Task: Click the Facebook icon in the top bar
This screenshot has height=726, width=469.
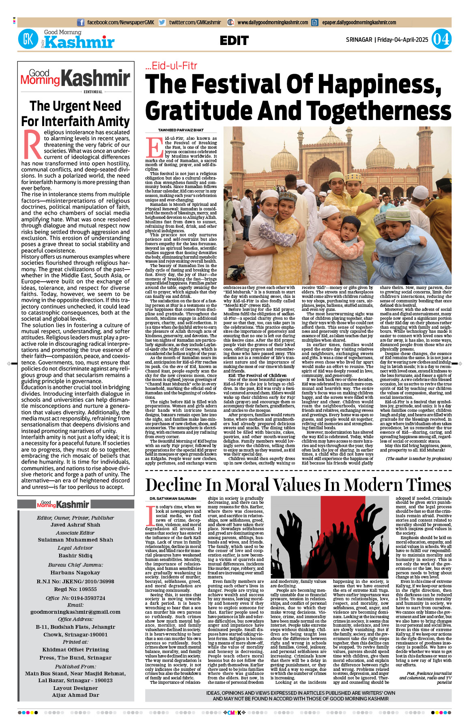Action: [81, 23]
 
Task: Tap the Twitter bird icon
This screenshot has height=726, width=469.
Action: [162, 23]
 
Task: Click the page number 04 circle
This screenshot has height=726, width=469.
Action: [441, 39]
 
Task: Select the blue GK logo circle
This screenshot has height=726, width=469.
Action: [28, 39]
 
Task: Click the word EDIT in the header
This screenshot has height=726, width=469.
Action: [234, 41]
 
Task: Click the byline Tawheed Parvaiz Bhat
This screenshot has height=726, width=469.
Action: [181, 130]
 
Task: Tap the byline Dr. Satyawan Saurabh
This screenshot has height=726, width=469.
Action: [167, 499]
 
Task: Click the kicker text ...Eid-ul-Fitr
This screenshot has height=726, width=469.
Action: [171, 66]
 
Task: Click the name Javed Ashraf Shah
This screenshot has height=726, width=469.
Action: [75, 525]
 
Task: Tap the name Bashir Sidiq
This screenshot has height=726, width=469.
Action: [75, 555]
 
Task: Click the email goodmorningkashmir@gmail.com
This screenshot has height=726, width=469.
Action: [75, 612]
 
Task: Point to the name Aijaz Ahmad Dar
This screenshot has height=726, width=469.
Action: [75, 695]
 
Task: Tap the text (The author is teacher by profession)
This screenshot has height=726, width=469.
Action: [418, 458]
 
